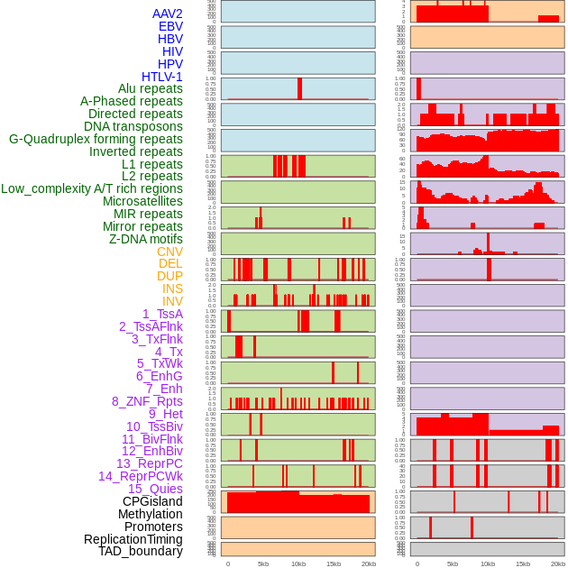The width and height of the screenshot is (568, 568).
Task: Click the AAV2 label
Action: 167,14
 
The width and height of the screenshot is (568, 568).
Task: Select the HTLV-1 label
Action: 161,77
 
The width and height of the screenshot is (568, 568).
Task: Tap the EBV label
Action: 170,26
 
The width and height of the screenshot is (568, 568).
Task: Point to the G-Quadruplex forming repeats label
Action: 96,139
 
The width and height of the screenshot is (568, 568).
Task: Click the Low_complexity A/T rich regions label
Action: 92,188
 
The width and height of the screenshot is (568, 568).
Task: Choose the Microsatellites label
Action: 142,201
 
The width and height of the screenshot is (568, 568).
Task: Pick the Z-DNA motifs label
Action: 145,239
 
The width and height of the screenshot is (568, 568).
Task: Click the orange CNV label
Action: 169,252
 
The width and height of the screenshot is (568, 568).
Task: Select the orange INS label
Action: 171,289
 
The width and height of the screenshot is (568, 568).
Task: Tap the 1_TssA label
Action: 162,314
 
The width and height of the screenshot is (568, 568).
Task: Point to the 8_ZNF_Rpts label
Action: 147,401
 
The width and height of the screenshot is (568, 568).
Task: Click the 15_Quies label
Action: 155,489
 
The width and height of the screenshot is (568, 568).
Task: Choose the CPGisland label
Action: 152,501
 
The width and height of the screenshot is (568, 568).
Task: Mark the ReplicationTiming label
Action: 133,539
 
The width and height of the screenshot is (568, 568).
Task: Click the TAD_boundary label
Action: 140,551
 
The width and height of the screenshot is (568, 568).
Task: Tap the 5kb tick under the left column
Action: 263,563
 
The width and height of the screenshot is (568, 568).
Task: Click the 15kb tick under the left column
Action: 334,563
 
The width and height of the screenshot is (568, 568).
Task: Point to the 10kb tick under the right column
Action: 487,563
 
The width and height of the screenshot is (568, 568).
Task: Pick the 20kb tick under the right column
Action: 558,563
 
